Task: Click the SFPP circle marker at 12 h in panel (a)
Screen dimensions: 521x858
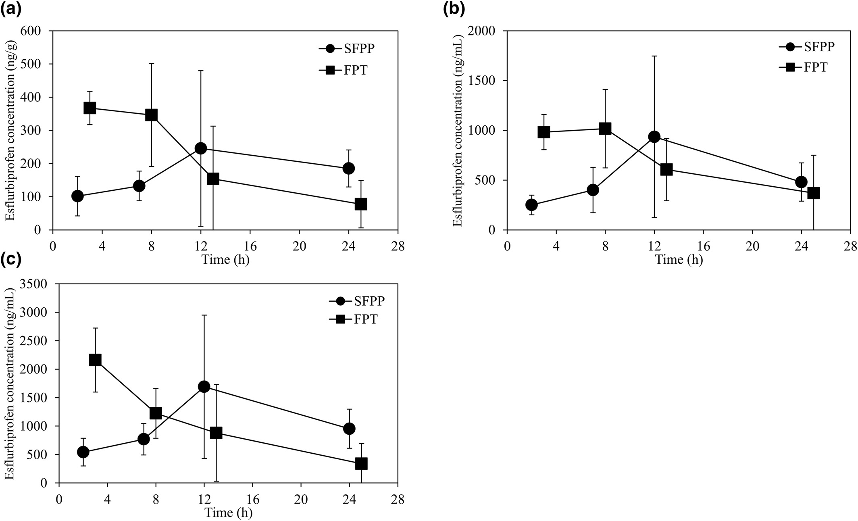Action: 200,148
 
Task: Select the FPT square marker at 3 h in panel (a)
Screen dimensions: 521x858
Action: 90,108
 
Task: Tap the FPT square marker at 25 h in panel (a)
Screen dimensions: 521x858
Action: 361,204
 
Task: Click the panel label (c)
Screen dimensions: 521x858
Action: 11,260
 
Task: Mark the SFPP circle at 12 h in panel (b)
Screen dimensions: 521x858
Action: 654,137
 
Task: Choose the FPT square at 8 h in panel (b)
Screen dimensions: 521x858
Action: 605,129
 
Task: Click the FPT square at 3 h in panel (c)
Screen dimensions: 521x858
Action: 95,360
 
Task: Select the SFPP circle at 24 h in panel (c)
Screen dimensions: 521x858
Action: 349,428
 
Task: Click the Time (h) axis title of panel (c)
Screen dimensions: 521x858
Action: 229,513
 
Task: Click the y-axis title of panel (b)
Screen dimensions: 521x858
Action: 458,130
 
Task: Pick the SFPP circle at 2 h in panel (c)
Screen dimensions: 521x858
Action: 83,452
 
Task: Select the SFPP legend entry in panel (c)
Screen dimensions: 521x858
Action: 358,301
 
